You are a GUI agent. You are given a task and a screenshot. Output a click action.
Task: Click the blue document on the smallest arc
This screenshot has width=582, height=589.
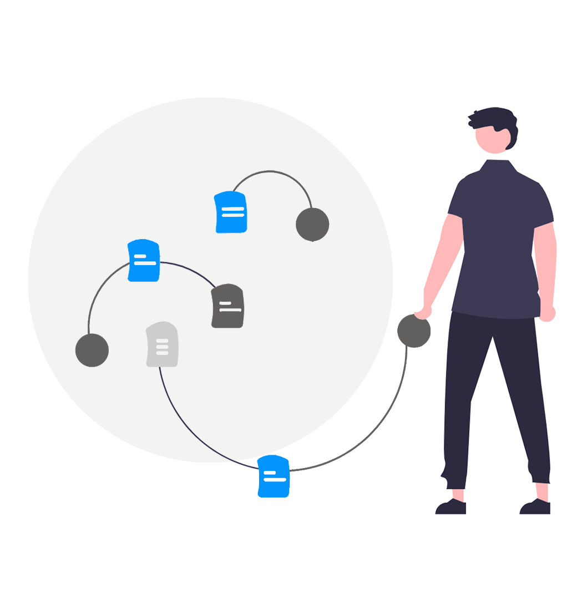point(231,212)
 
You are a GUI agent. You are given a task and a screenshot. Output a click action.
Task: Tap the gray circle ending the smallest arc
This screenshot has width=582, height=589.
point(312,225)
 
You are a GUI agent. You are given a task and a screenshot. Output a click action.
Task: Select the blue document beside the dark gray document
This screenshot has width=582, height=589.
point(144,260)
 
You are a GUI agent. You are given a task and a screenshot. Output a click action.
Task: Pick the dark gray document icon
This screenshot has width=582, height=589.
point(227,306)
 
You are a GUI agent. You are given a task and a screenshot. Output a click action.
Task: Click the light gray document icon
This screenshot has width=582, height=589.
point(162,344)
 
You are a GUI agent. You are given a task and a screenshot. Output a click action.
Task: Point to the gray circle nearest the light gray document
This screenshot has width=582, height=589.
point(92,350)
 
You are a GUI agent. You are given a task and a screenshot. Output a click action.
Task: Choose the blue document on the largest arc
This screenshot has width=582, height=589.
point(274,476)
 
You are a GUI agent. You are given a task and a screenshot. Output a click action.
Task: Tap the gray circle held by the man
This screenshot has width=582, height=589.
point(414,331)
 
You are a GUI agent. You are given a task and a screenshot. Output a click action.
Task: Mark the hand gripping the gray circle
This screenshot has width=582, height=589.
point(424,311)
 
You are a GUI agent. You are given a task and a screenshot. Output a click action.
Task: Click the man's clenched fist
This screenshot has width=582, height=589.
point(548,313)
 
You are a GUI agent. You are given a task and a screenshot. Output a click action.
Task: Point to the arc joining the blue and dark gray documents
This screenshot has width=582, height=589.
point(189,269)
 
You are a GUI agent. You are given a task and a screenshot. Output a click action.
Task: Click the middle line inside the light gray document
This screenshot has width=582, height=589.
point(162,347)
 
